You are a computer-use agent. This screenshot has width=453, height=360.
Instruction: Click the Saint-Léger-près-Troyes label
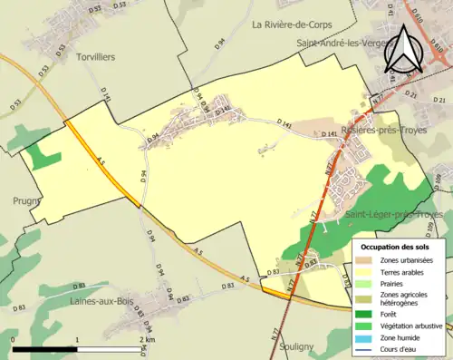point(393,214)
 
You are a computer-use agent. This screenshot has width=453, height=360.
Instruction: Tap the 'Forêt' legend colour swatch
point(366,309)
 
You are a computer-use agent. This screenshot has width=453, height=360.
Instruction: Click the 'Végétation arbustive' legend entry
point(412,321)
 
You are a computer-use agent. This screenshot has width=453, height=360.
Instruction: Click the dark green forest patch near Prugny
point(41,157)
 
